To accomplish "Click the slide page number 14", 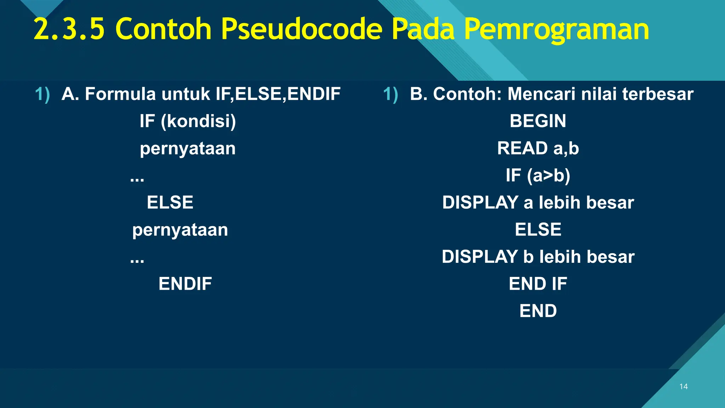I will click(683, 386).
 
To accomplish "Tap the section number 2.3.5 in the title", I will click(69, 29).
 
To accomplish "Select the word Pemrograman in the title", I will click(556, 29).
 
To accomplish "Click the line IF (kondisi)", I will click(188, 121).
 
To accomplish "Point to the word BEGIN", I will click(538, 121).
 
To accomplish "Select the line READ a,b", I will click(538, 148).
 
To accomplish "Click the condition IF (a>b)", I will click(538, 175).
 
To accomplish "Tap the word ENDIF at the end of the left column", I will click(185, 284).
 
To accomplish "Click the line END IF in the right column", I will click(538, 284).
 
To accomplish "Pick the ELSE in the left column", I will click(170, 203).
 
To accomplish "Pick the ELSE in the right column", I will click(538, 229).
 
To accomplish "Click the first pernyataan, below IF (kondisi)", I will click(188, 149).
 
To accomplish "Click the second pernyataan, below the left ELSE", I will click(180, 230).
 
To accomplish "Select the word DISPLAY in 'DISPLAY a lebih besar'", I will click(480, 203).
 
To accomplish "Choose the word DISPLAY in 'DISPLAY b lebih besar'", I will click(480, 257).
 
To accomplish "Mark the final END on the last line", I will click(538, 311).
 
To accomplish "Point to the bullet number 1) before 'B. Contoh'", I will click(390, 95).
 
